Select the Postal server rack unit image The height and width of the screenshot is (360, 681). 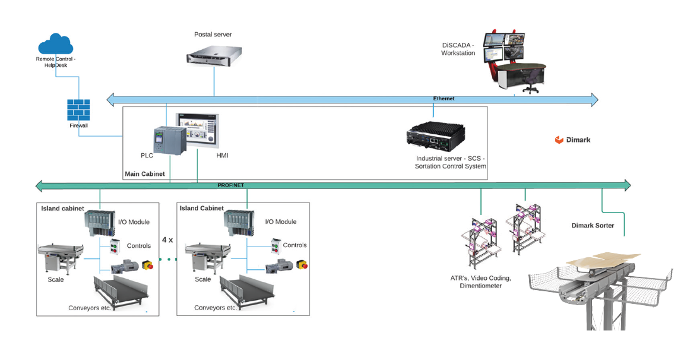pyautogui.click(x=216, y=59)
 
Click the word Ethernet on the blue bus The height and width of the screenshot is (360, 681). pyautogui.click(x=443, y=99)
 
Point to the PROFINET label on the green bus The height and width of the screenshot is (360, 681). pyautogui.click(x=230, y=185)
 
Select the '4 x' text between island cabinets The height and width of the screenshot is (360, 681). pyautogui.click(x=167, y=240)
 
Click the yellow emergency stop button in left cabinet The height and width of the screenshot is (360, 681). pyautogui.click(x=148, y=265)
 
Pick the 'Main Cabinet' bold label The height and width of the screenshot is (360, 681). pyautogui.click(x=144, y=173)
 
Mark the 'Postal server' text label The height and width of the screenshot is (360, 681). pyautogui.click(x=212, y=34)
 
